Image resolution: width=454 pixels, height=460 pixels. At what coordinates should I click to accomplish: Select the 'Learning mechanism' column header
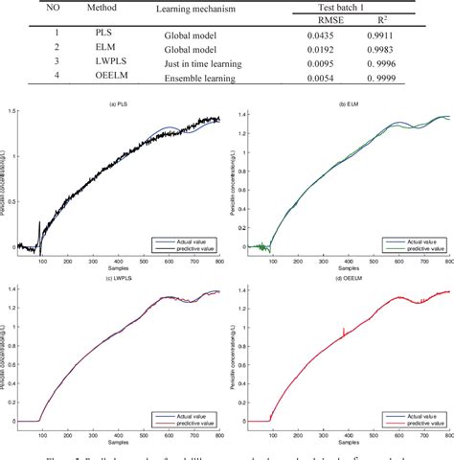(x=195, y=10)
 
